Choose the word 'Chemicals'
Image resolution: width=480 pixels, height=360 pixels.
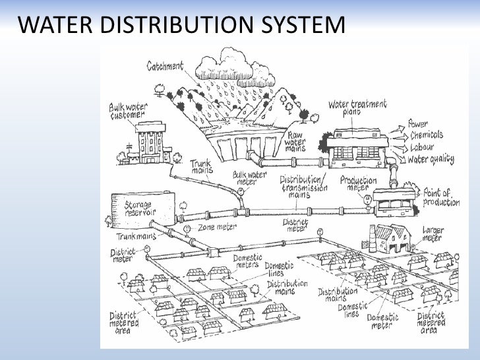(427, 135)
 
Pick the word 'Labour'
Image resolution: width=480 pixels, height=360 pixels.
(422, 147)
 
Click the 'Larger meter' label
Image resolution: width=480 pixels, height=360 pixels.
(433, 233)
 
